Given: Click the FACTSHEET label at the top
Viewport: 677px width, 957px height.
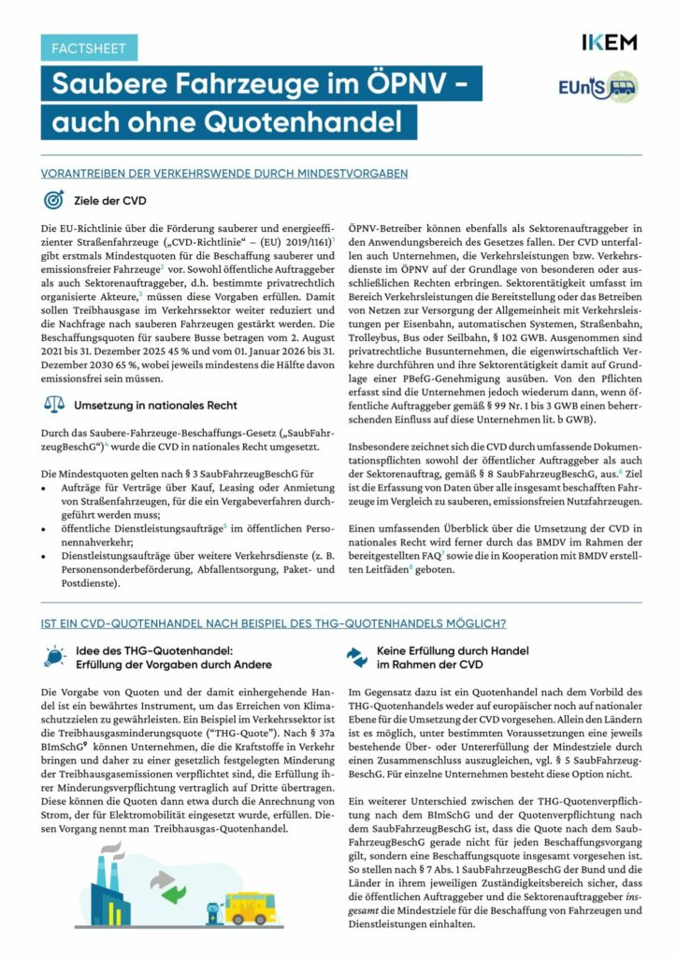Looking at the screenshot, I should coord(89,48).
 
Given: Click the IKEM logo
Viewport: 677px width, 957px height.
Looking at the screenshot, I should coord(608,43).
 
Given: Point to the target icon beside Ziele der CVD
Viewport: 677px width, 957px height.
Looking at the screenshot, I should coord(54,201).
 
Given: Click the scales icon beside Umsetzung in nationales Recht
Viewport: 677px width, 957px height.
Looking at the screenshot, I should coord(54,406).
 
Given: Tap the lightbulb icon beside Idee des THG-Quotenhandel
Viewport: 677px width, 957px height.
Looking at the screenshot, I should coord(54,657).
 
